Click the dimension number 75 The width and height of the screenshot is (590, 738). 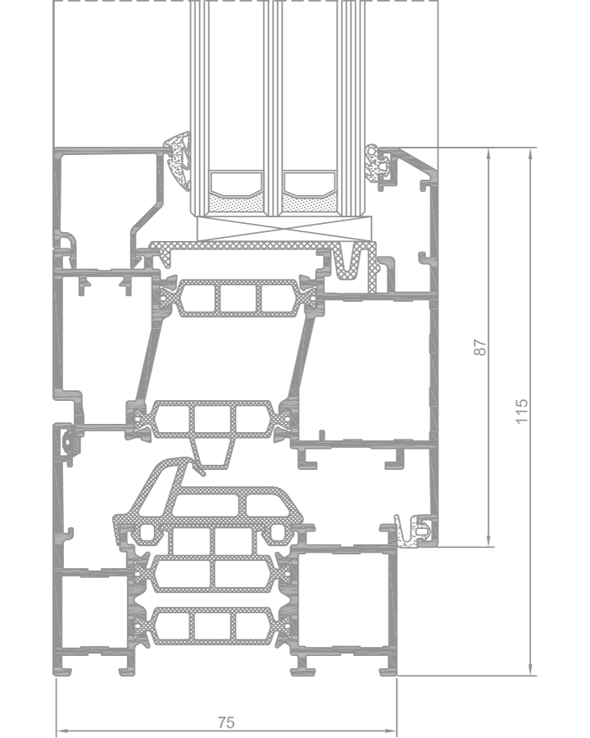[x=226, y=722]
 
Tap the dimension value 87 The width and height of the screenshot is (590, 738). [x=480, y=348]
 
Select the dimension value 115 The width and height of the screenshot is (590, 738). [x=522, y=412]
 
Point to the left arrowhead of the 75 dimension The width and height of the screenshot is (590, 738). [x=61, y=731]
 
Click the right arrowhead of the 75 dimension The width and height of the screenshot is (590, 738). [x=392, y=731]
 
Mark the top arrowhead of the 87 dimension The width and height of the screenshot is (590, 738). [x=489, y=154]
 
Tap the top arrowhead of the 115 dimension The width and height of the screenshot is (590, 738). [x=530, y=154]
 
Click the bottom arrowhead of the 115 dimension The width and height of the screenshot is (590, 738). [x=530, y=669]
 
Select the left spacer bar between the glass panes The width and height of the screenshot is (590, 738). [x=236, y=184]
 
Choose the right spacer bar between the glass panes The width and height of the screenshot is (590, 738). [x=309, y=184]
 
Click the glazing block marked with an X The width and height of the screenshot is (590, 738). [x=284, y=229]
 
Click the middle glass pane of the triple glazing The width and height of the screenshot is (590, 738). [x=272, y=108]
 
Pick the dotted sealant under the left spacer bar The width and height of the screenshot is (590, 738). [x=236, y=204]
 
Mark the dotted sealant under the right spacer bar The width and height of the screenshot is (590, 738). [x=309, y=204]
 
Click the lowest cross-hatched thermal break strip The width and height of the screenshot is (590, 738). [x=211, y=626]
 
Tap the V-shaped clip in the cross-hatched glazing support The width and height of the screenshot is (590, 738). [x=349, y=262]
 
